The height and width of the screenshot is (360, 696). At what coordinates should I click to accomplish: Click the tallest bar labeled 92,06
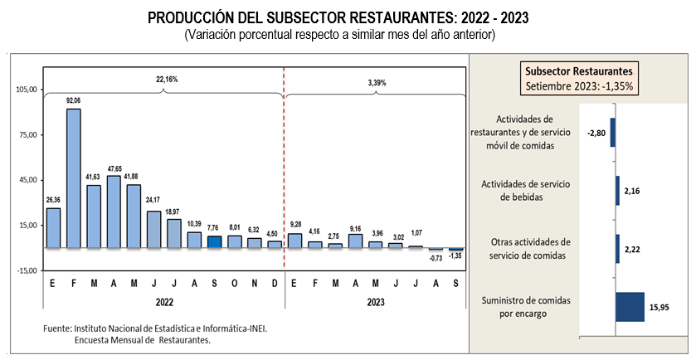click(x=74, y=178)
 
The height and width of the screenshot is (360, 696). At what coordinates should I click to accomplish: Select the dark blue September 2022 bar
click(x=214, y=241)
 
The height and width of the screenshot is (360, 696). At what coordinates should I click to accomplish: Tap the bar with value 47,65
click(x=114, y=212)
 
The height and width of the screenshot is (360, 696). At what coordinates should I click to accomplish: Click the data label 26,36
click(x=53, y=199)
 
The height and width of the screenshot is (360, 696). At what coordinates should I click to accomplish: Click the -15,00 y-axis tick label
click(x=27, y=270)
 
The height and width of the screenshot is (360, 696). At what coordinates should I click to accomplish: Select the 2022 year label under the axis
click(x=163, y=301)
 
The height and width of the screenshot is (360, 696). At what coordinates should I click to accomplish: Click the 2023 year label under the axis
click(x=375, y=301)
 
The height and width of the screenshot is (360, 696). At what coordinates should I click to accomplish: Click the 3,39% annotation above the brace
click(x=377, y=83)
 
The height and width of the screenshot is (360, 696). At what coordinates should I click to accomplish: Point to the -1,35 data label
click(x=455, y=256)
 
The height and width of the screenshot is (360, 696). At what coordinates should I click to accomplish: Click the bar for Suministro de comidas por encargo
click(x=630, y=305)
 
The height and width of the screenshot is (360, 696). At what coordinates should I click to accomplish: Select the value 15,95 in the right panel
click(x=659, y=306)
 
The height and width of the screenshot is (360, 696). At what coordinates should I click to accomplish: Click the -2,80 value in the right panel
click(x=596, y=132)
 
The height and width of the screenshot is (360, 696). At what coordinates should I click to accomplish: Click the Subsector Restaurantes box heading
click(x=579, y=70)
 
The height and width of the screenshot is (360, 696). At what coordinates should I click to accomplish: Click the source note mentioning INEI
click(x=155, y=328)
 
